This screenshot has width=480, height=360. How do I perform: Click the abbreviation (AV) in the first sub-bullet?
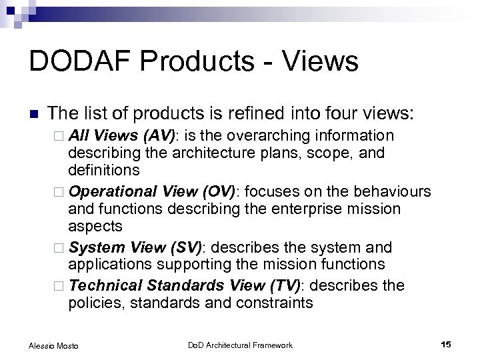click(x=160, y=136)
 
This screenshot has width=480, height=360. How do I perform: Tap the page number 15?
click(x=446, y=344)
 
